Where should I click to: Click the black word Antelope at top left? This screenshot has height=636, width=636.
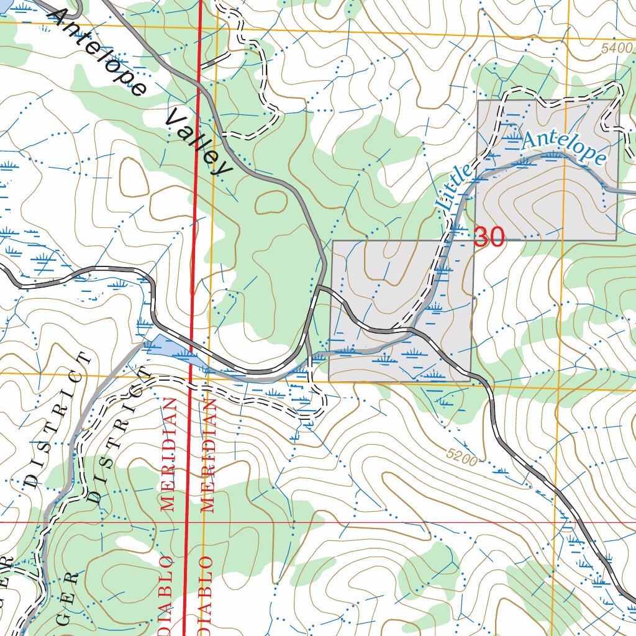click(99, 53)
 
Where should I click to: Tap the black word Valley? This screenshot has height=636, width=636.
click(197, 143)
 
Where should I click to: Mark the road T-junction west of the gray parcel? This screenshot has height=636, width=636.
click(317, 288)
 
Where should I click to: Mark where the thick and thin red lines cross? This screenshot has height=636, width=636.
click(188, 522)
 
